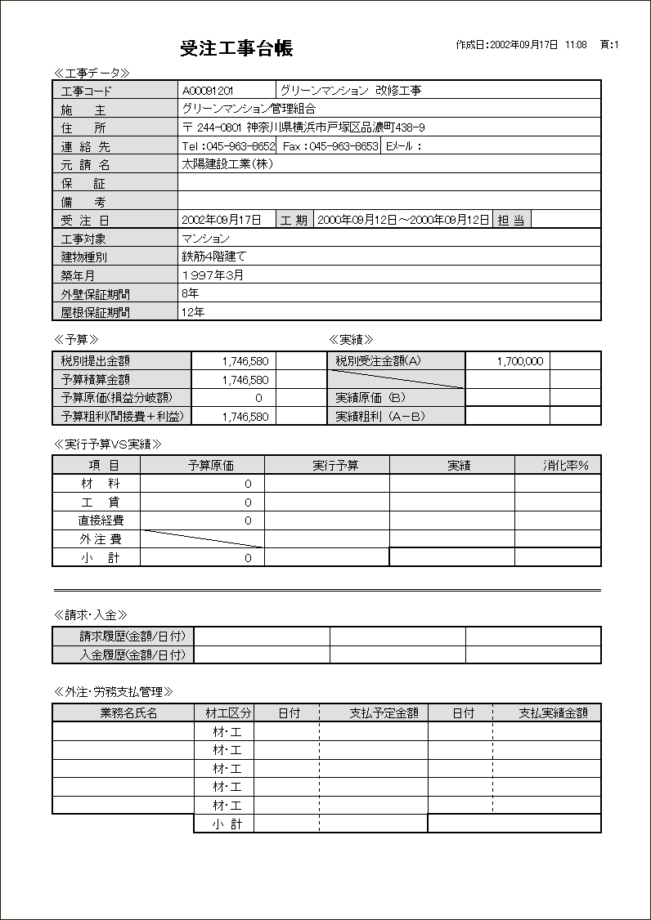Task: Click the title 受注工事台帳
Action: point(236,48)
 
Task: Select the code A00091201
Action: point(208,91)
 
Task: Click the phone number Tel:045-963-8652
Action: point(228,146)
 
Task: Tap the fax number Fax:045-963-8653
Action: point(330,146)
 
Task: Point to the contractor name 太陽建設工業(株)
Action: point(227,163)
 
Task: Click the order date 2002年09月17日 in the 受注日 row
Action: point(222,220)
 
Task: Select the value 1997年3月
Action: point(213,275)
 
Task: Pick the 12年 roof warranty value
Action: point(194,312)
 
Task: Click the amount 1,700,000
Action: point(519,361)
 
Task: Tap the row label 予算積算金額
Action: point(96,379)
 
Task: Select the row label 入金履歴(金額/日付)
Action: point(132,654)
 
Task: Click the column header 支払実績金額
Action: point(553,712)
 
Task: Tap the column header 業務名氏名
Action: point(128,712)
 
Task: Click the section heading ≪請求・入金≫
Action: point(90,614)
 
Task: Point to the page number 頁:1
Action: point(609,45)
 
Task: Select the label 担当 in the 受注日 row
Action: point(512,220)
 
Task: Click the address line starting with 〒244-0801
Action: point(303,127)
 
